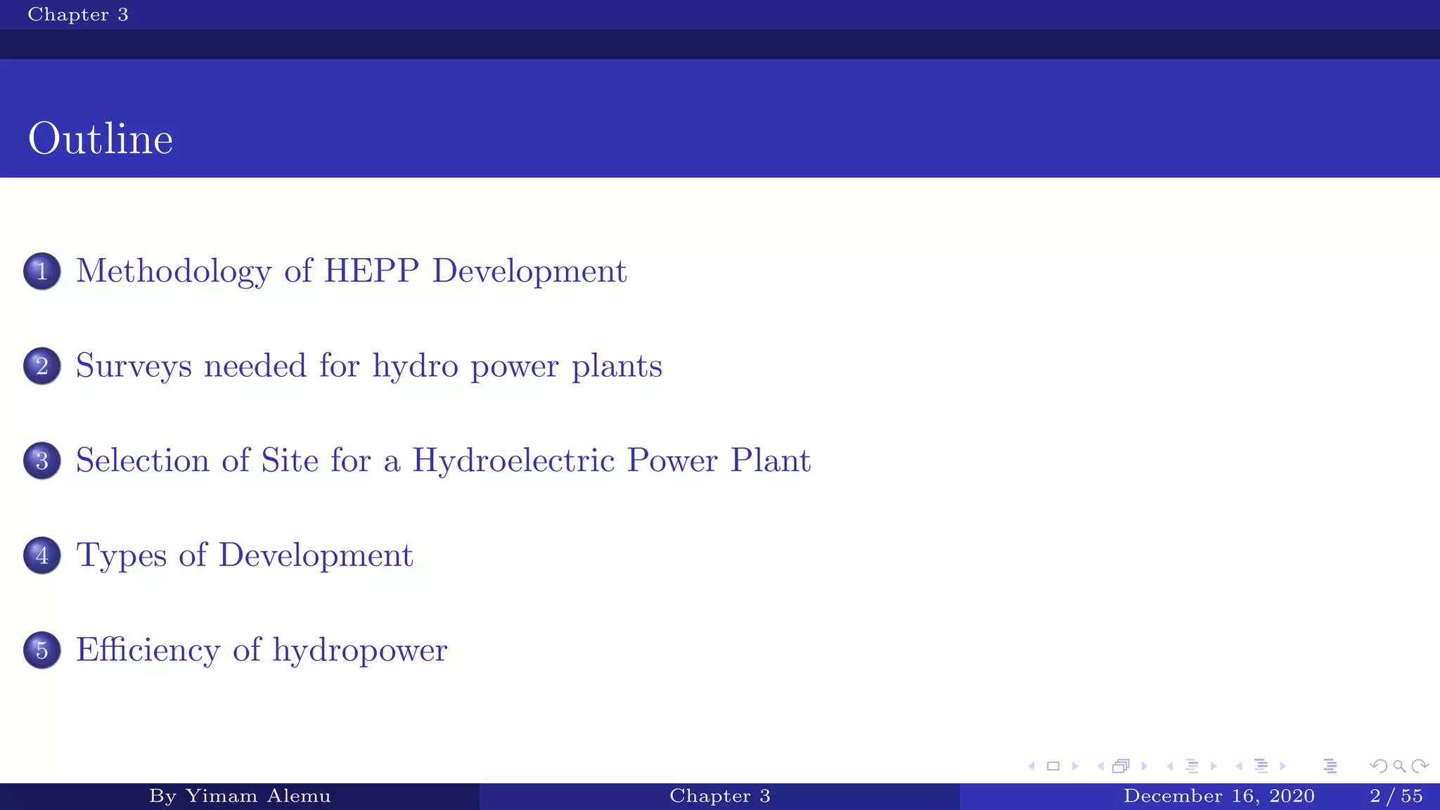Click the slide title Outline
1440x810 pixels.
click(x=101, y=139)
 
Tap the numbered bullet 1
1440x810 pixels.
click(x=42, y=271)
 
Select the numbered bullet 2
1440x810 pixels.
click(x=42, y=366)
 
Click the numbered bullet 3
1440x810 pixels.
click(x=42, y=461)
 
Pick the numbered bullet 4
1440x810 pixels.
click(x=42, y=555)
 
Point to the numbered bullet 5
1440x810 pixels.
click(x=42, y=650)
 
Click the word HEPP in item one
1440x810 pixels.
click(x=371, y=271)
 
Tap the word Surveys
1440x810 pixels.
click(x=134, y=366)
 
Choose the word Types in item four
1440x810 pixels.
click(x=122, y=556)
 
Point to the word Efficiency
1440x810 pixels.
click(x=148, y=650)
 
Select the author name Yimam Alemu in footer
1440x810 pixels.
click(x=257, y=796)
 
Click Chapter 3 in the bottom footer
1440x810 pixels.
click(x=720, y=796)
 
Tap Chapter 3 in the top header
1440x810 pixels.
click(x=78, y=15)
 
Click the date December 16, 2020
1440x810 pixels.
click(x=1219, y=796)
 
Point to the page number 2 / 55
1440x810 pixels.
click(x=1396, y=796)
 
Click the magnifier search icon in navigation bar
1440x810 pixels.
click(x=1399, y=766)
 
